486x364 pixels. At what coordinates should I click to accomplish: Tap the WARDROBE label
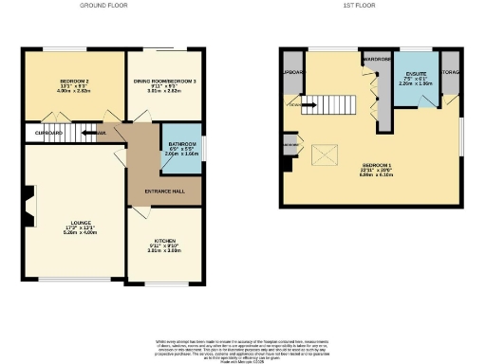(377, 58)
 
